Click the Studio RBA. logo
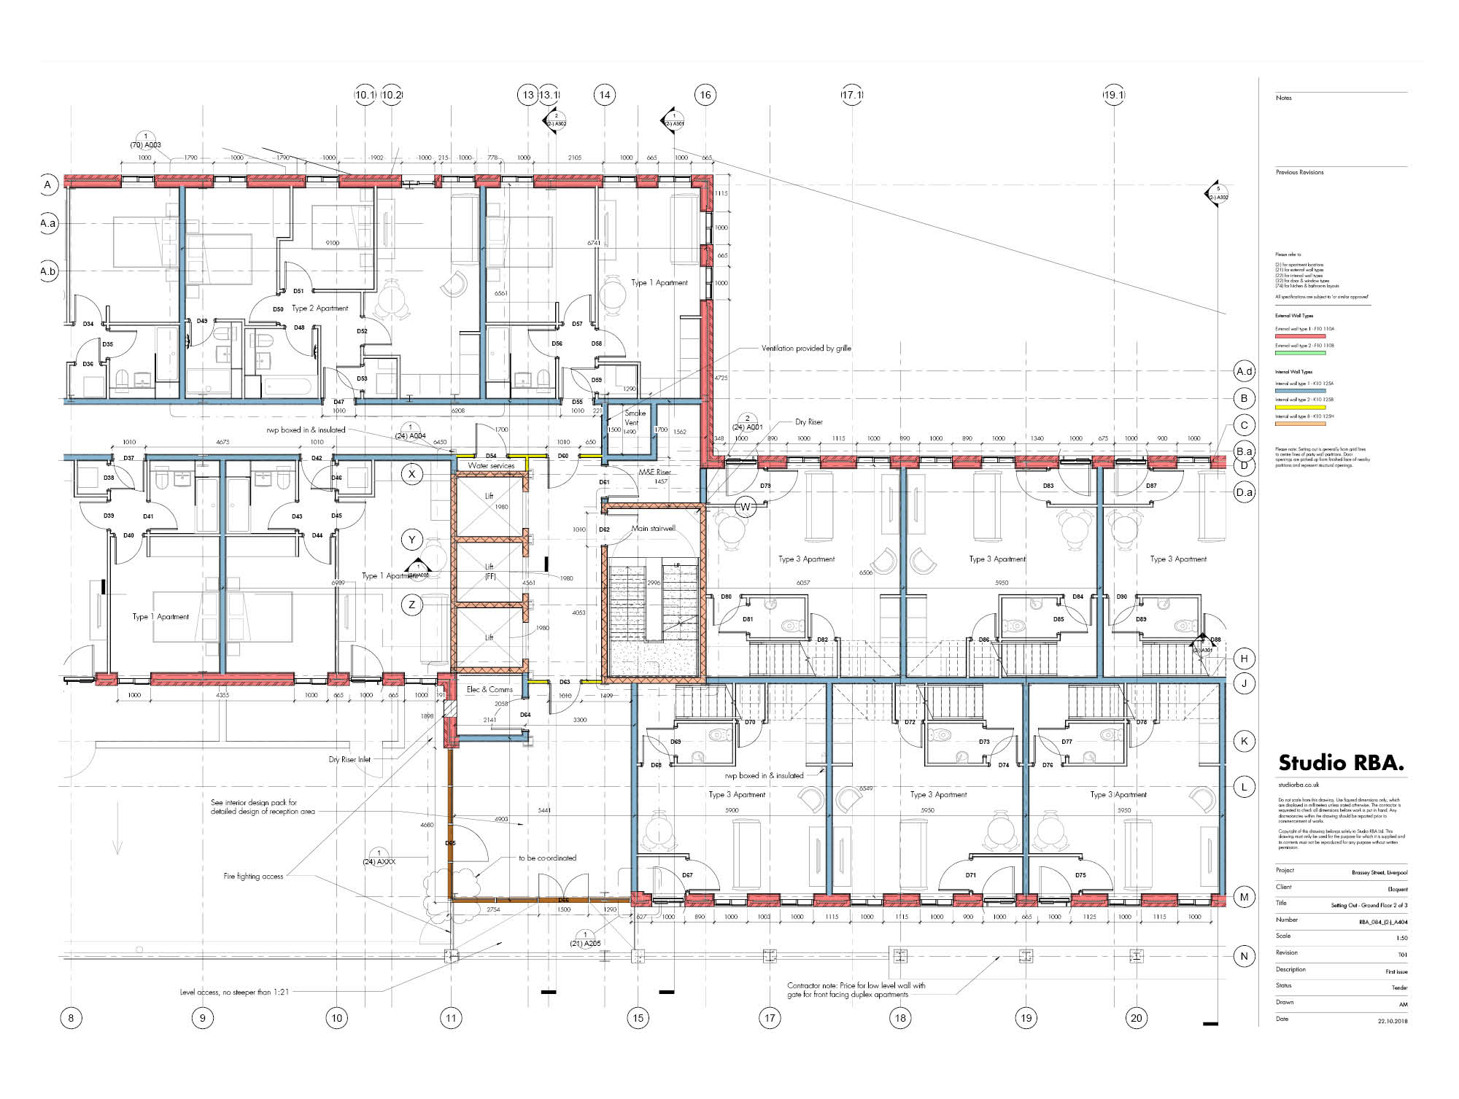click(1341, 764)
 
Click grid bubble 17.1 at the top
click(852, 95)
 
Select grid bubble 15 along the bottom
click(638, 1018)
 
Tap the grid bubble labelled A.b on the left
click(48, 271)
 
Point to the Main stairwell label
click(653, 529)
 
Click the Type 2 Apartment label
click(320, 308)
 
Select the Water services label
click(491, 465)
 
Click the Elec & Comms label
click(489, 689)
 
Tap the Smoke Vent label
click(634, 418)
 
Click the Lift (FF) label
click(489, 571)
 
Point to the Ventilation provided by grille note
click(806, 349)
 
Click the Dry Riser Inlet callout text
click(349, 759)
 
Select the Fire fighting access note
click(253, 876)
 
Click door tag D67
click(687, 875)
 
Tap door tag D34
click(88, 324)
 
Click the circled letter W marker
click(746, 507)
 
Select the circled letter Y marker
click(412, 540)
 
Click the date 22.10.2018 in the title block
click(1393, 1020)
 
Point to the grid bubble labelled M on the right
click(1245, 898)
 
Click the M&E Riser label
click(654, 473)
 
